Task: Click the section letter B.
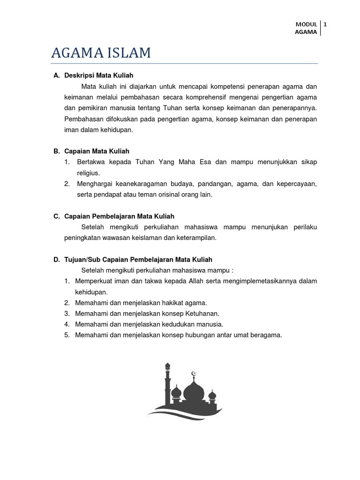[x=56, y=151]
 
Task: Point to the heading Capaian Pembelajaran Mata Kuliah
[x=119, y=216]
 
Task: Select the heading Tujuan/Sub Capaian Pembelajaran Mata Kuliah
[x=138, y=259]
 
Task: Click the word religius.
[x=89, y=173]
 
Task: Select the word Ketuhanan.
[x=202, y=313]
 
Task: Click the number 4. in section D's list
[x=67, y=324]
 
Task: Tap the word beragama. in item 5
[x=266, y=335]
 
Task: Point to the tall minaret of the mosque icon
[x=168, y=380]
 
